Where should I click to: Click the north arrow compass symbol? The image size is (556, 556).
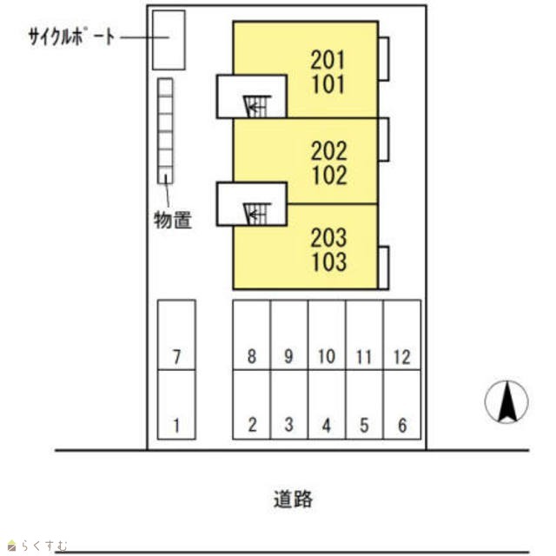pos(506,401)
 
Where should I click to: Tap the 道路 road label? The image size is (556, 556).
pos(293,500)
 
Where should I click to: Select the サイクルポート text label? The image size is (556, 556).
pos(72,36)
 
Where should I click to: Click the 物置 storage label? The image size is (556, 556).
pos(173,220)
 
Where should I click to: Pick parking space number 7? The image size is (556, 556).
pos(176,334)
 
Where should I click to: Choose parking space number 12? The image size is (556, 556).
pos(402,334)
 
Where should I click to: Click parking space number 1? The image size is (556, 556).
pos(176,405)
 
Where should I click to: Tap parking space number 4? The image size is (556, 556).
pos(327,405)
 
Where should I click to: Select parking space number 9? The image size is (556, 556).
pos(289,334)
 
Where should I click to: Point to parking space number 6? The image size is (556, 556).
pos(402,405)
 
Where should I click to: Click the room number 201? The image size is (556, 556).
pos(328,60)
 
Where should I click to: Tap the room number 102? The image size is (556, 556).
pos(329,175)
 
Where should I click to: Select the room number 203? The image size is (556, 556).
pos(328,237)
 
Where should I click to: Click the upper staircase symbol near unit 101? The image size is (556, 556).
pos(257,106)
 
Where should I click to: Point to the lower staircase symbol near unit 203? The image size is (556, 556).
pos(257,215)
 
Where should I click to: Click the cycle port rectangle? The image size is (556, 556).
pos(169,40)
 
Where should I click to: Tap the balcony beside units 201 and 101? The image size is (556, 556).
pos(384,59)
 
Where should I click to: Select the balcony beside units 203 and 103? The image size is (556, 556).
pos(384,268)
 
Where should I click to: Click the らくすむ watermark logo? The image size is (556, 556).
pos(37,545)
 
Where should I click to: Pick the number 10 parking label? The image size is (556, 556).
pos(327,356)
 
